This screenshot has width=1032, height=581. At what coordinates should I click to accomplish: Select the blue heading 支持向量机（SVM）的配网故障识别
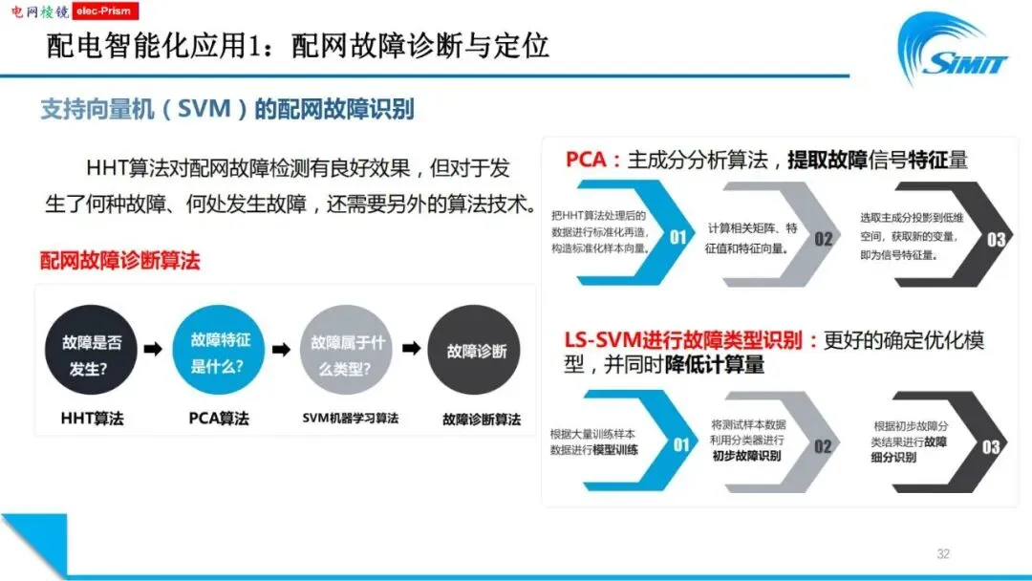click(x=226, y=109)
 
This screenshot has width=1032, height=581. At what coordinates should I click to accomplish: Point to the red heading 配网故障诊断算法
click(x=119, y=260)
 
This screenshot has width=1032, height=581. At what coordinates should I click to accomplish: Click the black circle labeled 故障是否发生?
click(x=92, y=351)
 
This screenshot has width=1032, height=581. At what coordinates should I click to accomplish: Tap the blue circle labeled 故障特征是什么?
click(x=220, y=351)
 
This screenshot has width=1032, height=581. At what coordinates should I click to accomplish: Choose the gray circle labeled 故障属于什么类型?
click(x=346, y=351)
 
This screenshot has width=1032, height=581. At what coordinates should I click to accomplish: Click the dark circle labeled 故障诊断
click(x=475, y=351)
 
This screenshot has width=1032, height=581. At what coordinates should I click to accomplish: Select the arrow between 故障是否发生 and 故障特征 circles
click(x=153, y=350)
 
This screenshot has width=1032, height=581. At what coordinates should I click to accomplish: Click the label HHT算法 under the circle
click(x=92, y=419)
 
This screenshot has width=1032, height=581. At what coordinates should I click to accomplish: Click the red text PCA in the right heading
click(x=586, y=159)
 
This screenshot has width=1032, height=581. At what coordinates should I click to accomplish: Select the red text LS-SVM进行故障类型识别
click(x=686, y=340)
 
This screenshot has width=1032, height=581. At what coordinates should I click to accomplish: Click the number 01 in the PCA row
click(x=677, y=238)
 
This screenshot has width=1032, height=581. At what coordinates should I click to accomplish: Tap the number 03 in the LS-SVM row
click(x=992, y=446)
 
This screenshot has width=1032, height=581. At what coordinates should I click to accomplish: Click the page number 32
click(x=943, y=553)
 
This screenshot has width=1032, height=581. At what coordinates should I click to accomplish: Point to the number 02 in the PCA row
click(x=823, y=238)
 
